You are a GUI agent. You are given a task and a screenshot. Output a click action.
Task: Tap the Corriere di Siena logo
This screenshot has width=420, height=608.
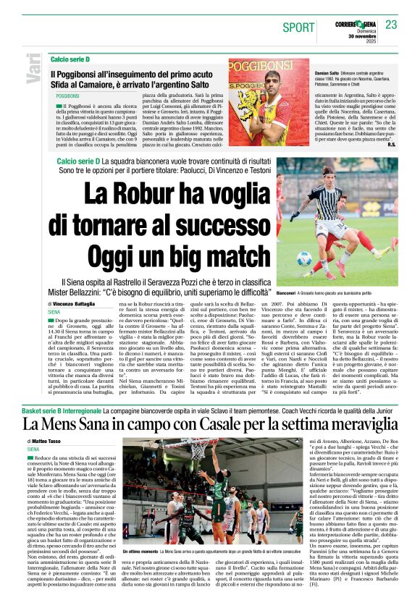(x=355, y=24)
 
